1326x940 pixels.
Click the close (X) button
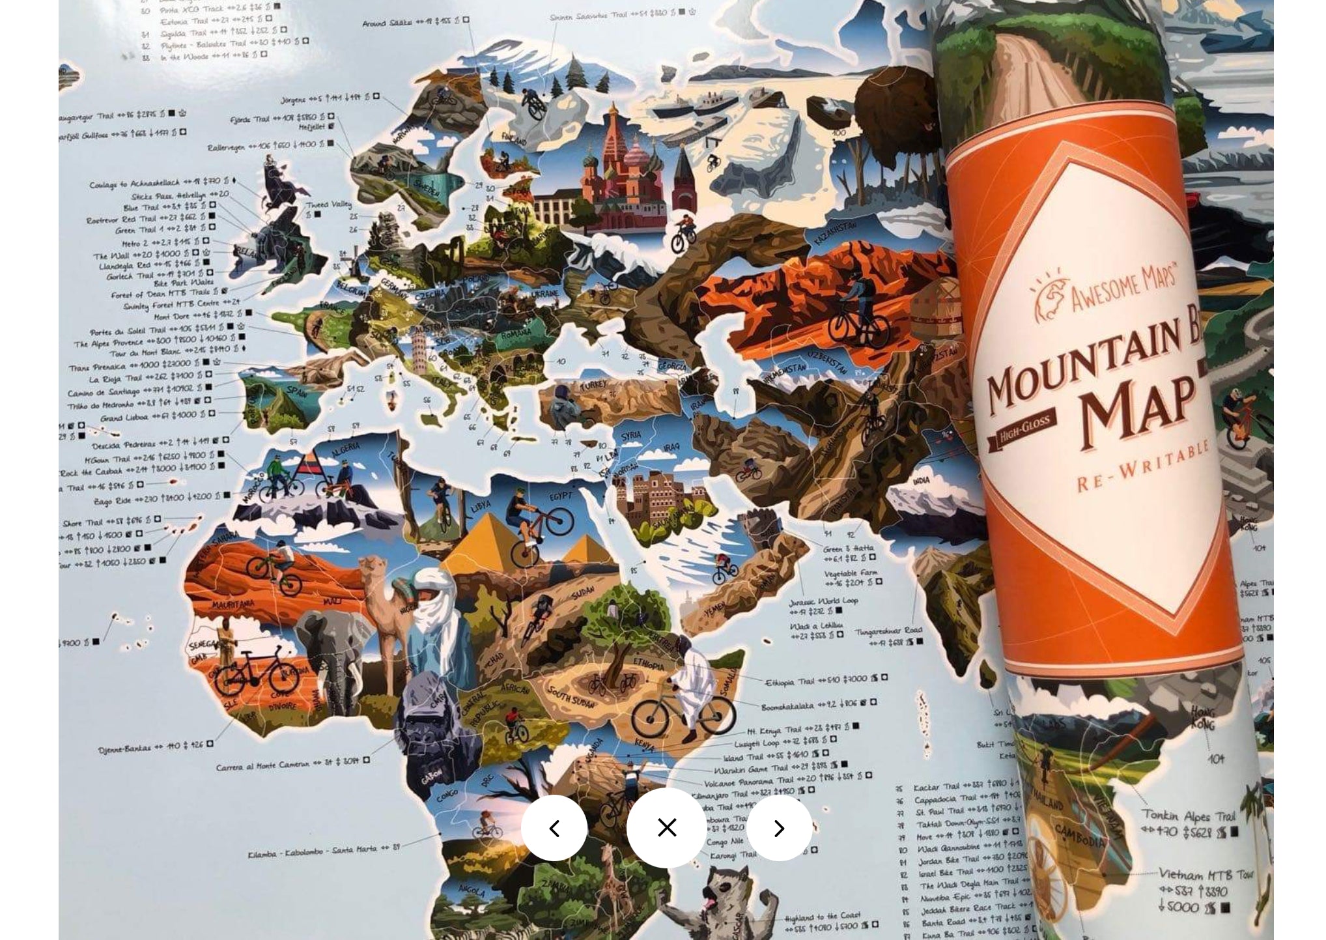666,828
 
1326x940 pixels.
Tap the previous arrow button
554,829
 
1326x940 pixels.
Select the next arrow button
779,829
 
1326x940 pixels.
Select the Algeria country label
345,449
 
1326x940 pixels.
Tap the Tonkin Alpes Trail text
1188,816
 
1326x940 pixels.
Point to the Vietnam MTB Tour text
1205,875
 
